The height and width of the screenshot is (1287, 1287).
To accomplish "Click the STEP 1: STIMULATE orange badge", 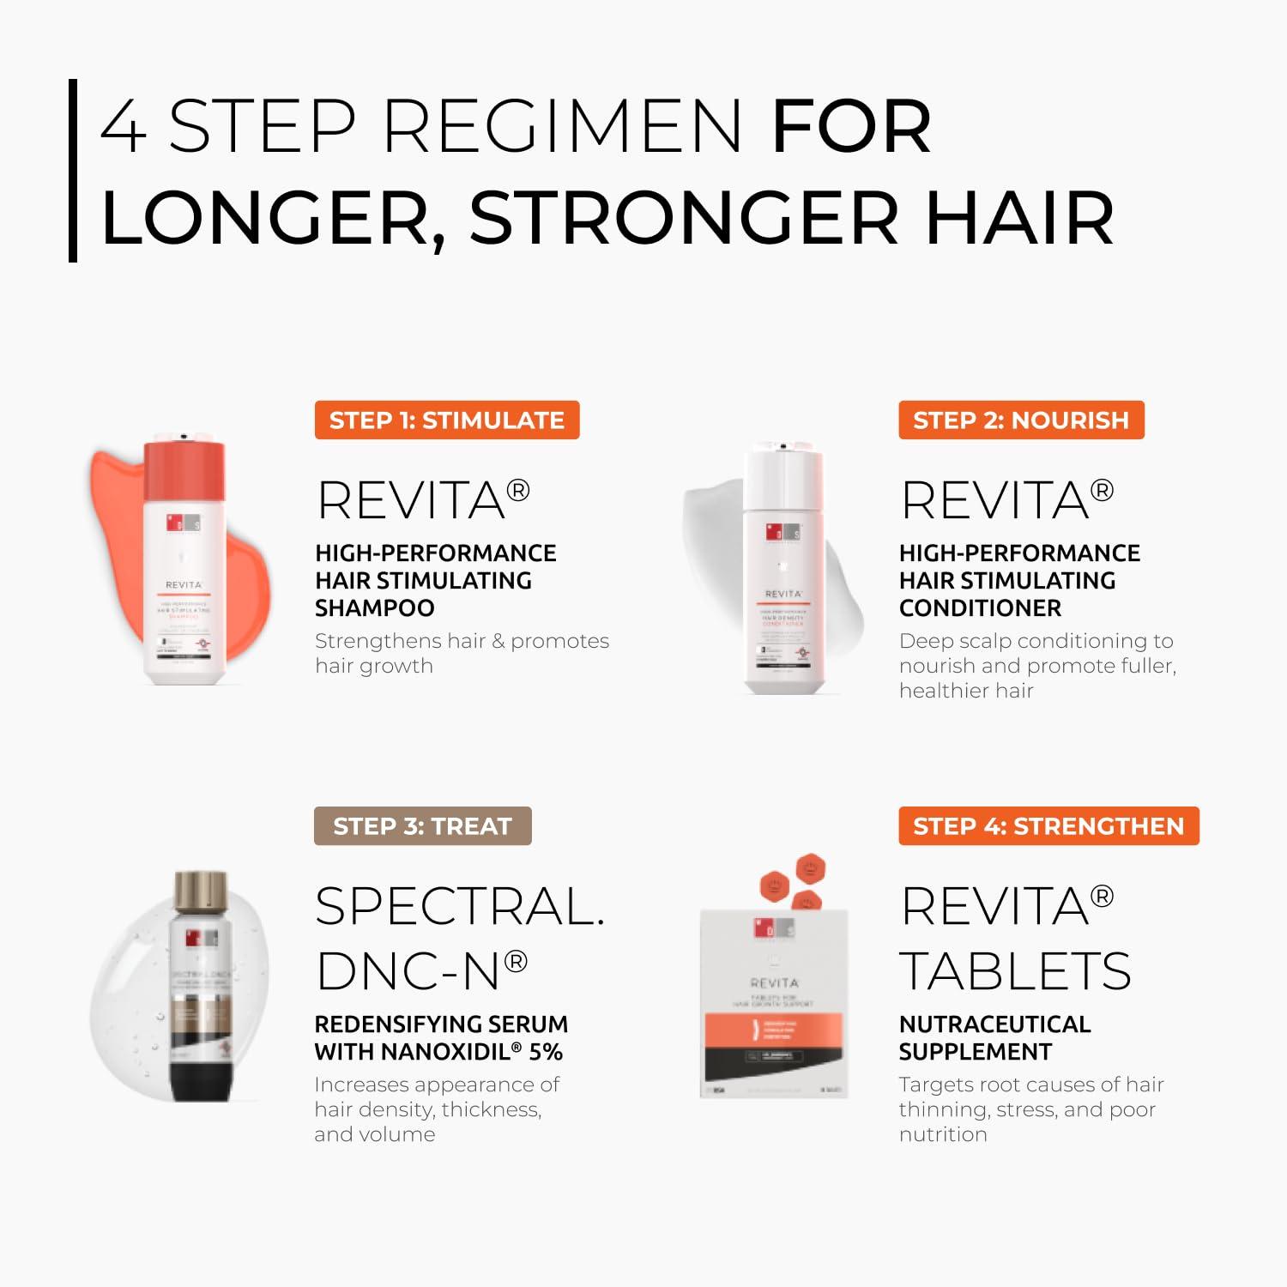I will click(446, 420).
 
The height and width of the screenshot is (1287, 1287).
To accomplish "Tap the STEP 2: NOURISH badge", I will click(1021, 420).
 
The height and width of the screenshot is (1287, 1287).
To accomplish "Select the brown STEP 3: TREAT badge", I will click(422, 826).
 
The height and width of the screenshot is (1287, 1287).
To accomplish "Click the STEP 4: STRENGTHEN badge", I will click(1048, 826).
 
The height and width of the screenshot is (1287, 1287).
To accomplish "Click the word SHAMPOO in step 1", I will click(375, 608).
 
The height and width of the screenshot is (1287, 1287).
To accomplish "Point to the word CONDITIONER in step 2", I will click(980, 608).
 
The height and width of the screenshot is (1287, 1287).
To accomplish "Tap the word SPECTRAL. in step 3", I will click(460, 907).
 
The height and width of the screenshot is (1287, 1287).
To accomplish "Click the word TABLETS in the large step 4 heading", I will click(1015, 971).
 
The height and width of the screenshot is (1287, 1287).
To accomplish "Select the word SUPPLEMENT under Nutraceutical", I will click(975, 1052).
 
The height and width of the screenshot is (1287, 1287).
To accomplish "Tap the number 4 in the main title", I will click(124, 127).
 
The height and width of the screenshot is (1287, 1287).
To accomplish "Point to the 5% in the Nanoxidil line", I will click(546, 1052).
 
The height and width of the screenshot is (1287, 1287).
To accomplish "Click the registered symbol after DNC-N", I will click(516, 961).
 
